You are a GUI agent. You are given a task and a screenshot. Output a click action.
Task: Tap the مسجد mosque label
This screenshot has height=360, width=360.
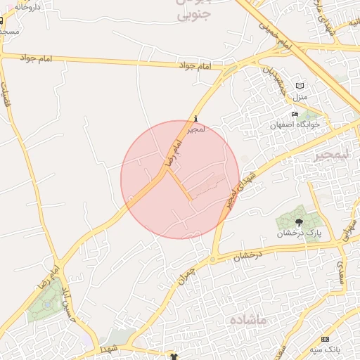point(10,32)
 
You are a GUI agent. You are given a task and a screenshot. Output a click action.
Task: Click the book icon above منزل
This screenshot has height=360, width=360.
point(300,85)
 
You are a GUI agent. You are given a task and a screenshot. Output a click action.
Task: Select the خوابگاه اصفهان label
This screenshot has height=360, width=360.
point(295,124)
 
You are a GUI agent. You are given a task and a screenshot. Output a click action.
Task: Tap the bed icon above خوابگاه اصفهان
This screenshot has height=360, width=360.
point(295,115)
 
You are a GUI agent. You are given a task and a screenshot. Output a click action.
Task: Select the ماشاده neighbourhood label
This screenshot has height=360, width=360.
point(248,321)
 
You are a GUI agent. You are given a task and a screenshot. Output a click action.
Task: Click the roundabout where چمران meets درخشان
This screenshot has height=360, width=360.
point(212,259)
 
